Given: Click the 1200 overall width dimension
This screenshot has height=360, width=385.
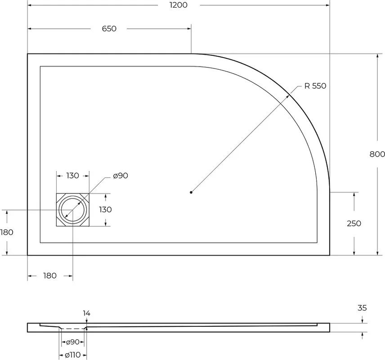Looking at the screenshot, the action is pos(179,5).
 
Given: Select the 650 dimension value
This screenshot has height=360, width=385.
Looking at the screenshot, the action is pos(109,29).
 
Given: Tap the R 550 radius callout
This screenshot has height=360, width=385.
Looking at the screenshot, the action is pos(315,86).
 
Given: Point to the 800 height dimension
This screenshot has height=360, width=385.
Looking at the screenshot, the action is pos(377,154).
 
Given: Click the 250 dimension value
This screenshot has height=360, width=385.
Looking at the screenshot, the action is pos(354,223).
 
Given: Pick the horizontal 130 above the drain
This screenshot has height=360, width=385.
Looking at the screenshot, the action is pos(73,175).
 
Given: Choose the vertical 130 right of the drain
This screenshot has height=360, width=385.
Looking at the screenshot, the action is pos(105,210).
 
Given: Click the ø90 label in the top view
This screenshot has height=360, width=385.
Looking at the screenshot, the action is pos(121,175).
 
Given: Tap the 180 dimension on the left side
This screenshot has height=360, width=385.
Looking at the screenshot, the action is pos(7,232).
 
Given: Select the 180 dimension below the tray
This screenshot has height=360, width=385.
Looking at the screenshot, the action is pos(50,276).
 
